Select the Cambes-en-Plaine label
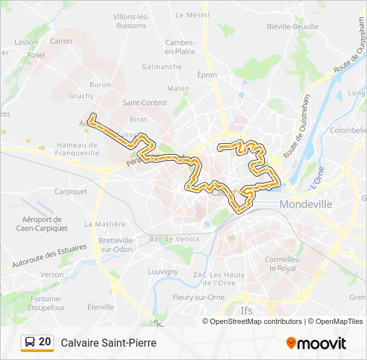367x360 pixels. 180,46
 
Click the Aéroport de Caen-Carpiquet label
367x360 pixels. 41,223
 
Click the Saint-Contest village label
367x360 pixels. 145,103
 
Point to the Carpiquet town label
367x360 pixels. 71,191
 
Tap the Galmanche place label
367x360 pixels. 161,67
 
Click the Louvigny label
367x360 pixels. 163,272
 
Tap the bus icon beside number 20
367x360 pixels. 29,342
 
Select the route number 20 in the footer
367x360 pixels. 45,342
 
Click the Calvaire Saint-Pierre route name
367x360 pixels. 108,343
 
